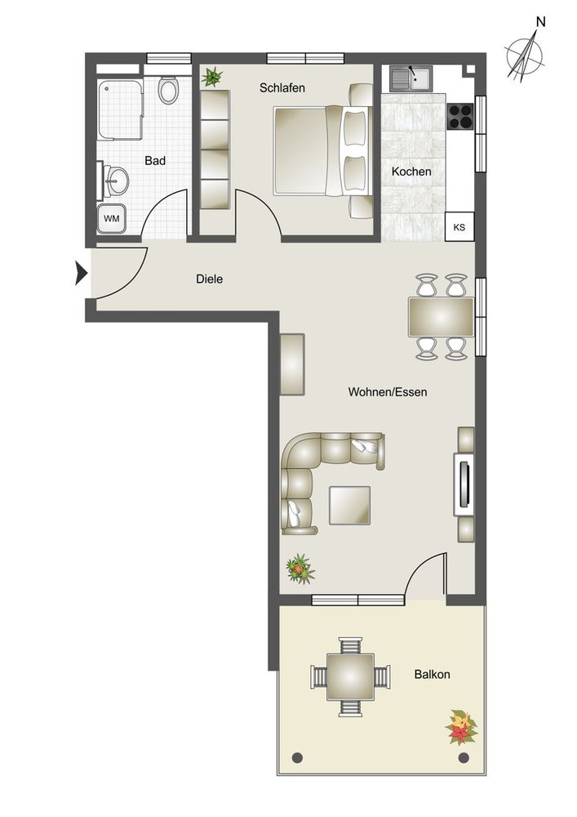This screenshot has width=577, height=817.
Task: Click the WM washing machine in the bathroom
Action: [x=111, y=218]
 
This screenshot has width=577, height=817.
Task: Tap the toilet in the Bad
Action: [x=168, y=91]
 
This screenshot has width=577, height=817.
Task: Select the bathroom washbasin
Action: [x=116, y=181]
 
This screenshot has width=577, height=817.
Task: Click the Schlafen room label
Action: [x=282, y=88]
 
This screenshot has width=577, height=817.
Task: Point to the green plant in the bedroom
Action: [x=211, y=77]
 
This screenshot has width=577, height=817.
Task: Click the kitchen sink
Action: [x=411, y=78]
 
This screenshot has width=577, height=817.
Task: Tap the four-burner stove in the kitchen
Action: [x=460, y=116]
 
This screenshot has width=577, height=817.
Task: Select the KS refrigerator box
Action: [x=459, y=226]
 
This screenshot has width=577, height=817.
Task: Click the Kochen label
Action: [x=411, y=172]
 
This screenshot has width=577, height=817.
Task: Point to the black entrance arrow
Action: [x=81, y=273]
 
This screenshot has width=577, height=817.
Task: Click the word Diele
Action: [x=209, y=279]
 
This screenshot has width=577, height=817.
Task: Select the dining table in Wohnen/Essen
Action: [x=442, y=317]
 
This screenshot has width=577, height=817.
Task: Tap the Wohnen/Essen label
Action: [x=388, y=392]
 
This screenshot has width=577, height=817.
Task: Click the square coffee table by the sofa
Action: [x=349, y=506]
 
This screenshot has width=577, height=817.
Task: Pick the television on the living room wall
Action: [x=464, y=484]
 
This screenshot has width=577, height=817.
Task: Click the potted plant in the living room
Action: [x=300, y=569]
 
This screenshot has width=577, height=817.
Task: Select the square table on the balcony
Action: [x=350, y=676]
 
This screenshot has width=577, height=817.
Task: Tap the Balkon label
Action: [x=432, y=674]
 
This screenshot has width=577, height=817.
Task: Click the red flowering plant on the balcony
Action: [x=461, y=727]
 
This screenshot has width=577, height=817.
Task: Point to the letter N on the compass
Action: [x=541, y=22]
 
